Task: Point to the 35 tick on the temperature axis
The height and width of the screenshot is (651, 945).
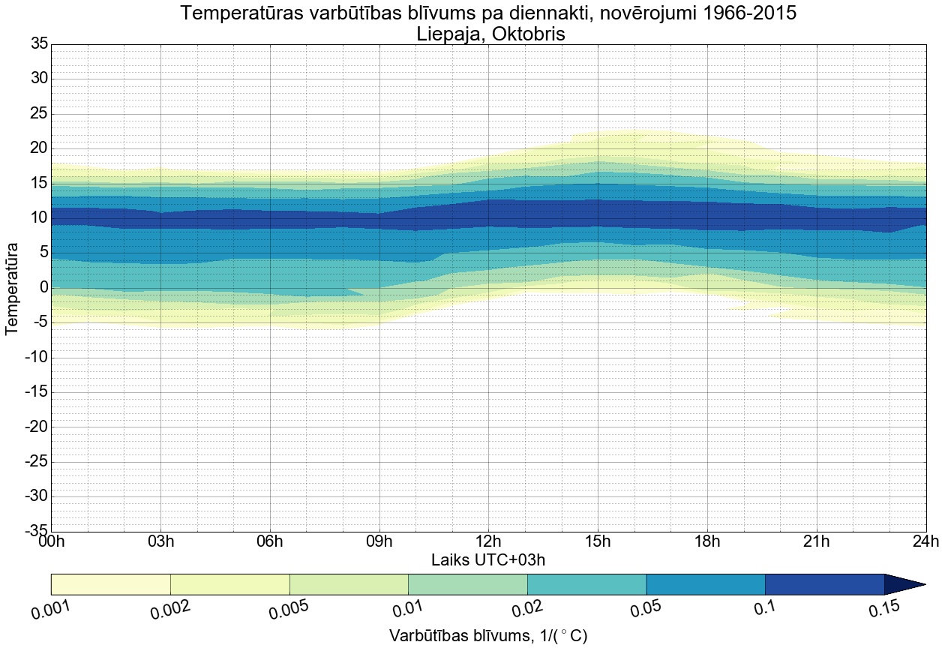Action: coord(39,44)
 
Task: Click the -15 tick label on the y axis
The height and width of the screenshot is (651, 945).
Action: coord(36,392)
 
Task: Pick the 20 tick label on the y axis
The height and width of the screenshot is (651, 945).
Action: coord(39,148)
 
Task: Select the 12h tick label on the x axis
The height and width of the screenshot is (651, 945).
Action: coord(488,541)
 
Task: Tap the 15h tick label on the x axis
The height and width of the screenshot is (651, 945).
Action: coord(598,541)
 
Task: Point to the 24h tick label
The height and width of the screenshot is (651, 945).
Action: coord(925,541)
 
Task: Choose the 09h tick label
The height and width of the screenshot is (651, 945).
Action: coord(379,541)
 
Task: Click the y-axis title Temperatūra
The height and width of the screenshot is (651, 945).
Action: coord(13,288)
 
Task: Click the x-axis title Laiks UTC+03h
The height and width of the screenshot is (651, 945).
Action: coord(488,559)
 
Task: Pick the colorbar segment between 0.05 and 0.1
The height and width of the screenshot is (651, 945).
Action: coord(706,583)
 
